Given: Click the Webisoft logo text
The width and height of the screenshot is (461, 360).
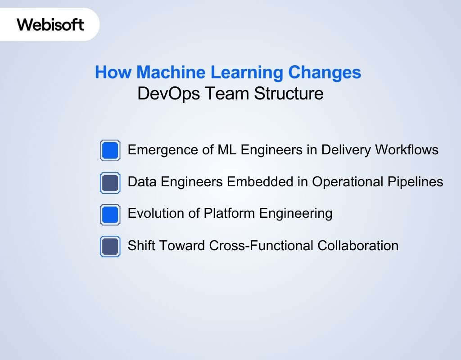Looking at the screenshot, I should (x=50, y=24).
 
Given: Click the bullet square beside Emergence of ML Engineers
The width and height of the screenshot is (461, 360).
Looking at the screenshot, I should (x=110, y=150).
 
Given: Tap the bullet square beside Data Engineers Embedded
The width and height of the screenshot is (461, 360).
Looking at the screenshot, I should (x=110, y=183).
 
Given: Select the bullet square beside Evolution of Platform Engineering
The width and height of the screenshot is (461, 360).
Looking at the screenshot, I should (x=110, y=215).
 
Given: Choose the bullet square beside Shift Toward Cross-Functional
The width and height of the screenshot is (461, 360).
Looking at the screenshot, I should (x=110, y=247).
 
